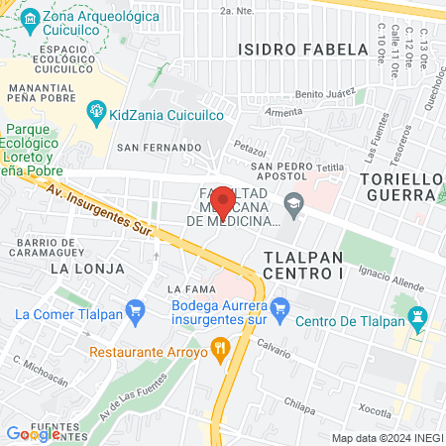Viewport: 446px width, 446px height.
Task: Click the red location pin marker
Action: tap(223, 202)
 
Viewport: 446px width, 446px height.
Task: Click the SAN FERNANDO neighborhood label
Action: tap(160, 148)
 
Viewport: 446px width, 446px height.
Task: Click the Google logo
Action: tap(32, 434)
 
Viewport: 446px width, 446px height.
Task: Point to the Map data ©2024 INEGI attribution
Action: tap(387, 438)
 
